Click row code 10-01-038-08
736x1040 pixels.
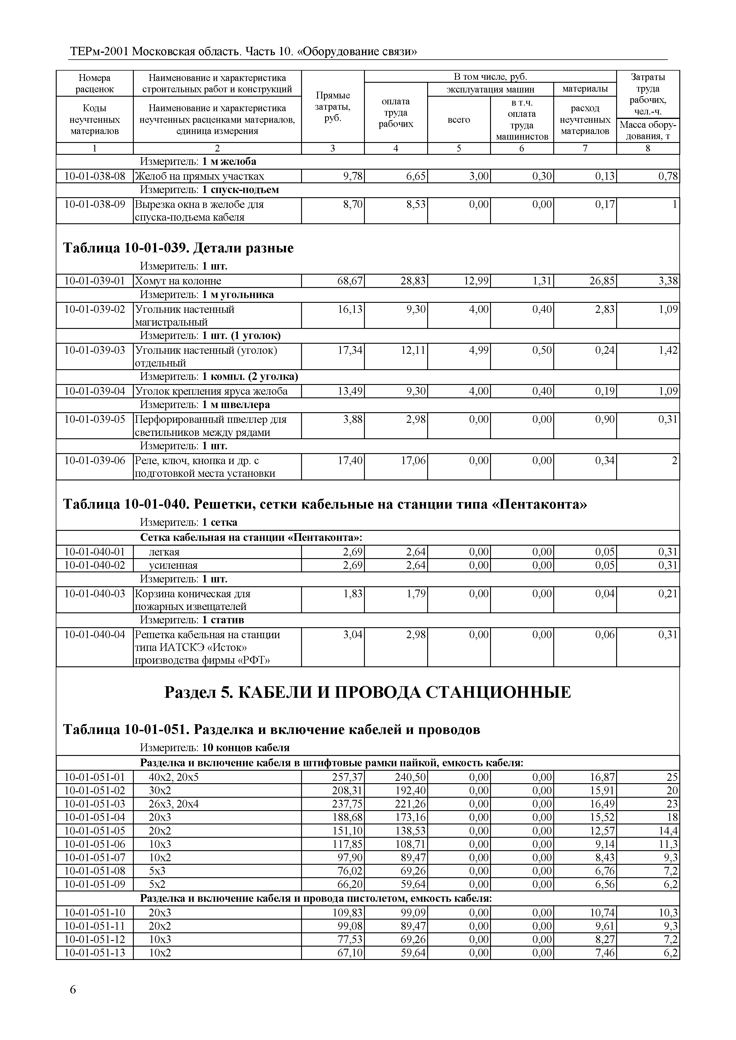point(95,176)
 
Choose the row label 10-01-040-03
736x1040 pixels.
point(95,594)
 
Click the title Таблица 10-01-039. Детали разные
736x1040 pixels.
point(178,248)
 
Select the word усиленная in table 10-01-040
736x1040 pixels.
point(173,565)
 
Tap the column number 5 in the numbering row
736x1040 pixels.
point(459,148)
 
